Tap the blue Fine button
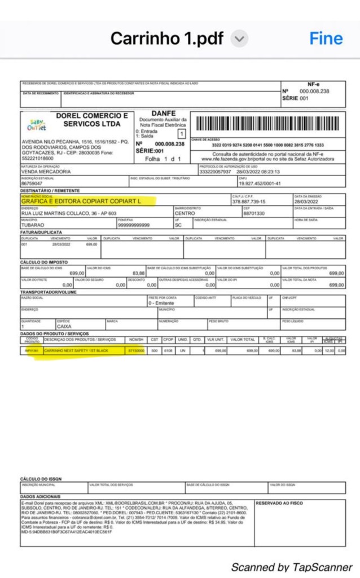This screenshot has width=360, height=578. (326, 38)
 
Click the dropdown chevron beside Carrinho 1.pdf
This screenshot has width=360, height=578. (240, 39)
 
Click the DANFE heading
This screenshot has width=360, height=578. (164, 113)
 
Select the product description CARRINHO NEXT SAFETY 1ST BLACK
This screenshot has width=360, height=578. (76, 351)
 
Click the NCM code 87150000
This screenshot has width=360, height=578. (136, 351)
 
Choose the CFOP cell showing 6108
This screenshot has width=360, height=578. (168, 351)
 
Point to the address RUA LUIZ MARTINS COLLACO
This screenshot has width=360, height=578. (68, 213)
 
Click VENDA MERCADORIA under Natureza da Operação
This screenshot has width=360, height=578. (46, 172)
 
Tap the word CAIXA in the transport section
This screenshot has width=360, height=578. (64, 326)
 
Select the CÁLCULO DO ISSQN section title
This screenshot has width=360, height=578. (41, 479)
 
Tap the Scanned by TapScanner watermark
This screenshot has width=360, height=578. (291, 567)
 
